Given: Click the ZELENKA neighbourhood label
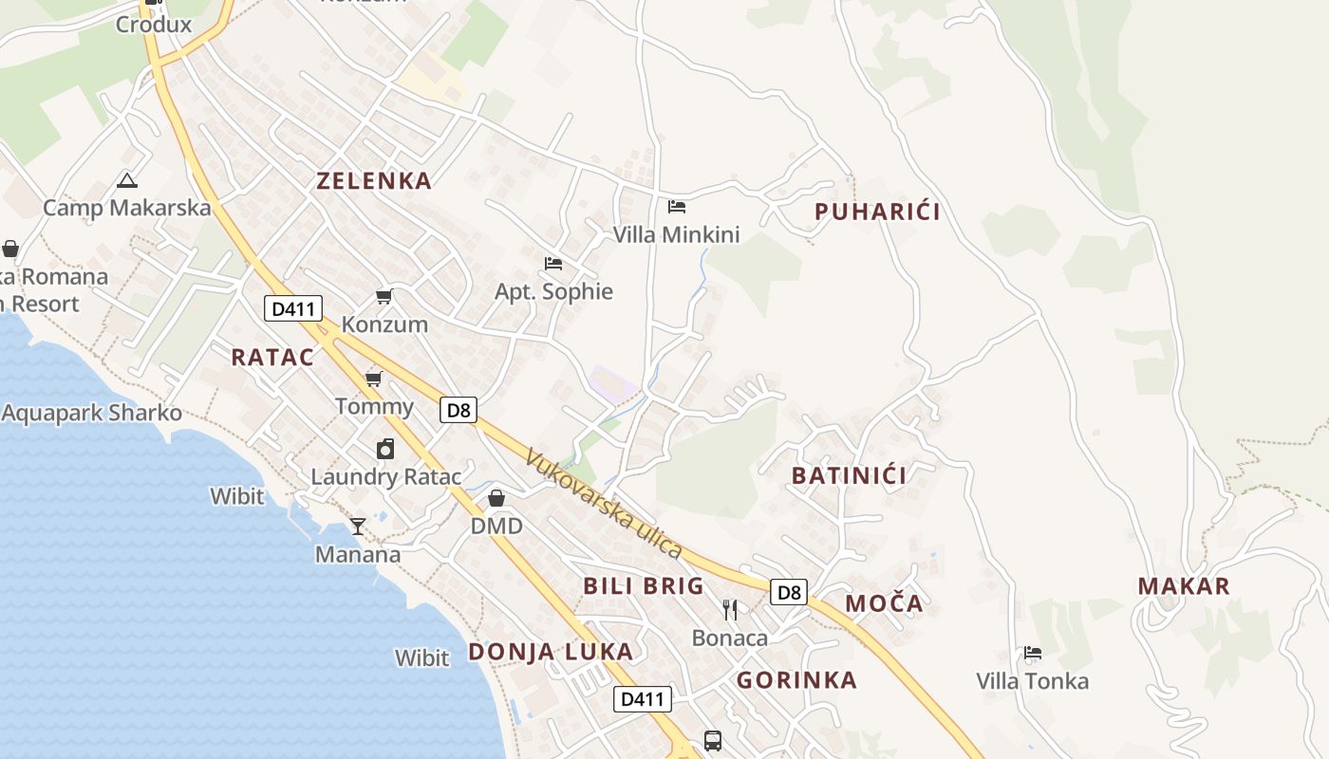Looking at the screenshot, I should (x=374, y=181).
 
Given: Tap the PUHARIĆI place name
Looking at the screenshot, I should (x=877, y=212).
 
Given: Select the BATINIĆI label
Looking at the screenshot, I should (x=849, y=475).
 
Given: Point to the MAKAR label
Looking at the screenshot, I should (x=1184, y=586).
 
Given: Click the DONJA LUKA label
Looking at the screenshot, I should (x=551, y=652).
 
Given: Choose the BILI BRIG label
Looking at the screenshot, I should (x=644, y=585).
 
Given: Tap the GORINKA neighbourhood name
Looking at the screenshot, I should (x=796, y=680).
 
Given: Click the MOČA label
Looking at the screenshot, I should (x=884, y=603).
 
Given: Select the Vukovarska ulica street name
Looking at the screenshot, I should (x=603, y=503).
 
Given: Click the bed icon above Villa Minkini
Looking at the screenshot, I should (x=677, y=206).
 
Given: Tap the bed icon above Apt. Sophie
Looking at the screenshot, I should (x=553, y=263).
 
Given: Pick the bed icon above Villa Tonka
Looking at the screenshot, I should (x=1033, y=653).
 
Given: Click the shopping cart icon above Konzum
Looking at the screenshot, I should (x=384, y=296).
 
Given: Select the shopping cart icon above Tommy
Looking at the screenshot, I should (x=374, y=379).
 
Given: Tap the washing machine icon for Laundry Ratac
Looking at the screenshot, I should (x=385, y=449).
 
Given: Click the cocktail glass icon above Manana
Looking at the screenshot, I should (x=358, y=526).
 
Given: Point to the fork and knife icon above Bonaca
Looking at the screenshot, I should (x=729, y=609).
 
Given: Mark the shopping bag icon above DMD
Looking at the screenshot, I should (x=496, y=497).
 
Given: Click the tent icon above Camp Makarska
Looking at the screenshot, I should (x=127, y=180).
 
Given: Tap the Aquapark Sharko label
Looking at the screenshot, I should (x=92, y=414).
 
